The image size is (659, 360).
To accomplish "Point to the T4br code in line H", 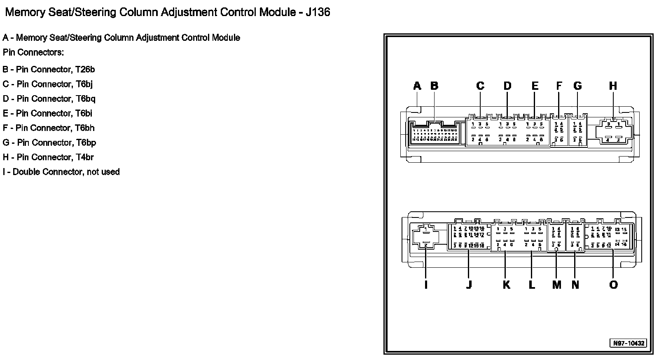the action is pyautogui.click(x=84, y=157).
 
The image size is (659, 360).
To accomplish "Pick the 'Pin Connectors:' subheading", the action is pyautogui.click(x=33, y=53).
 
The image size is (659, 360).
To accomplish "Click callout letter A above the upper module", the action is pyautogui.click(x=417, y=86).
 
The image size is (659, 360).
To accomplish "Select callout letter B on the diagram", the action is pyautogui.click(x=434, y=86).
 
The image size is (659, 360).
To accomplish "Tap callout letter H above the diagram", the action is pyautogui.click(x=613, y=86).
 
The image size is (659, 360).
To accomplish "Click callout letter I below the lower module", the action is pyautogui.click(x=426, y=285).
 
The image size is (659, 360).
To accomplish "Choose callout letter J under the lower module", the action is pyautogui.click(x=469, y=285).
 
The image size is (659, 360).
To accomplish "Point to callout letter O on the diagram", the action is pyautogui.click(x=613, y=285).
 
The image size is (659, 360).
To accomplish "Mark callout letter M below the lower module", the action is pyautogui.click(x=556, y=285).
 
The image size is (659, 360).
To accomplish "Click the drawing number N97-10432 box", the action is pyautogui.click(x=628, y=343).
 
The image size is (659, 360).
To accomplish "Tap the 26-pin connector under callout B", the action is pyautogui.click(x=435, y=134).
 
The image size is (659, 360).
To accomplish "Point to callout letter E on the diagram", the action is pyautogui.click(x=535, y=86).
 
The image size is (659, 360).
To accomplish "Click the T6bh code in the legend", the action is pyautogui.click(x=84, y=128).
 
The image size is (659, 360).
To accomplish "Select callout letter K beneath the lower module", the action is pyautogui.click(x=506, y=285).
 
